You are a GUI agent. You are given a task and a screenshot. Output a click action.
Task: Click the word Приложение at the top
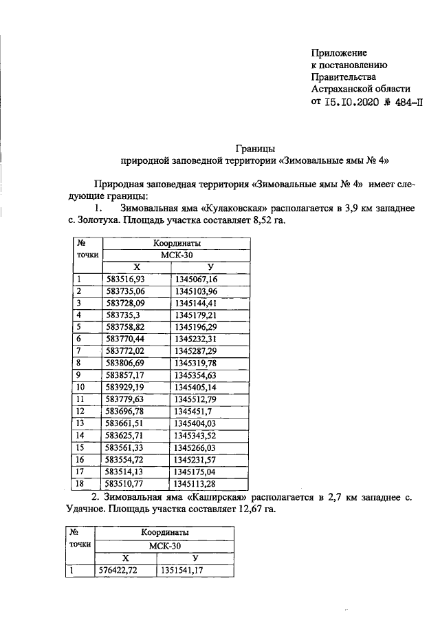click(x=339, y=53)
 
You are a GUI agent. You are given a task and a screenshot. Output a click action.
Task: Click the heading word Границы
click(x=254, y=148)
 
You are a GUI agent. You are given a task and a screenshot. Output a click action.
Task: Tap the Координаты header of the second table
click(x=166, y=533)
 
